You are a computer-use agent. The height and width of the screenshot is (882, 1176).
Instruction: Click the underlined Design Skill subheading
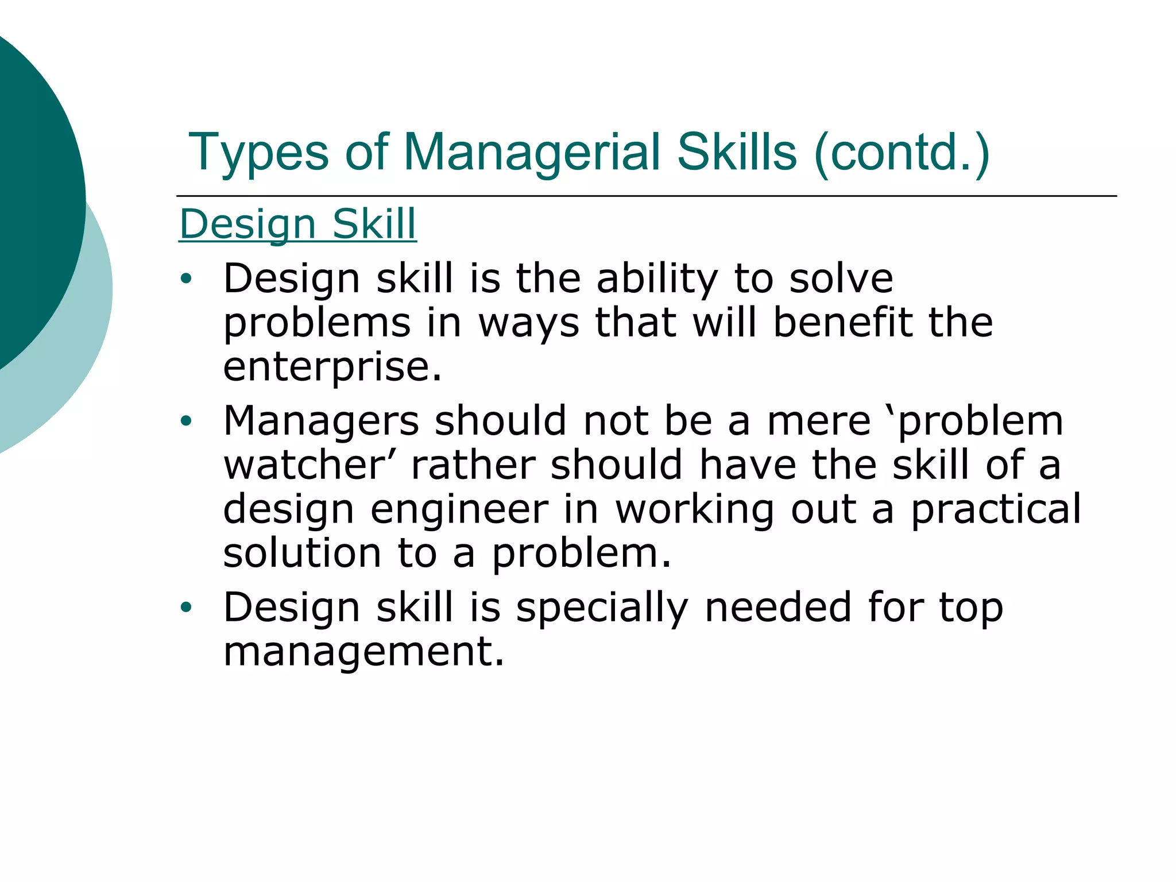(297, 224)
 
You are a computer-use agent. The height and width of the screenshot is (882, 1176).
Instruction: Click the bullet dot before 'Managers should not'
(185, 421)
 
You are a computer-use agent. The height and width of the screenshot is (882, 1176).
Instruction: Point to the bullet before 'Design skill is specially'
(185, 607)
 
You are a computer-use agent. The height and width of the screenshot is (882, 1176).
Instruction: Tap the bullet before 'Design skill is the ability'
(185, 279)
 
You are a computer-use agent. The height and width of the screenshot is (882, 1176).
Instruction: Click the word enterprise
(332, 367)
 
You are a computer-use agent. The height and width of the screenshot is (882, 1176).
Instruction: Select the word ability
(657, 279)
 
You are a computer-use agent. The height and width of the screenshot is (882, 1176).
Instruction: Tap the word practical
(996, 510)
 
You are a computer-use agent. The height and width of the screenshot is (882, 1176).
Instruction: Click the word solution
(302, 554)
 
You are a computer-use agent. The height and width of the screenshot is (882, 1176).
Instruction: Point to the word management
(363, 652)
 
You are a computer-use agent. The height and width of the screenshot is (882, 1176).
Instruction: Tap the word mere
(819, 421)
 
